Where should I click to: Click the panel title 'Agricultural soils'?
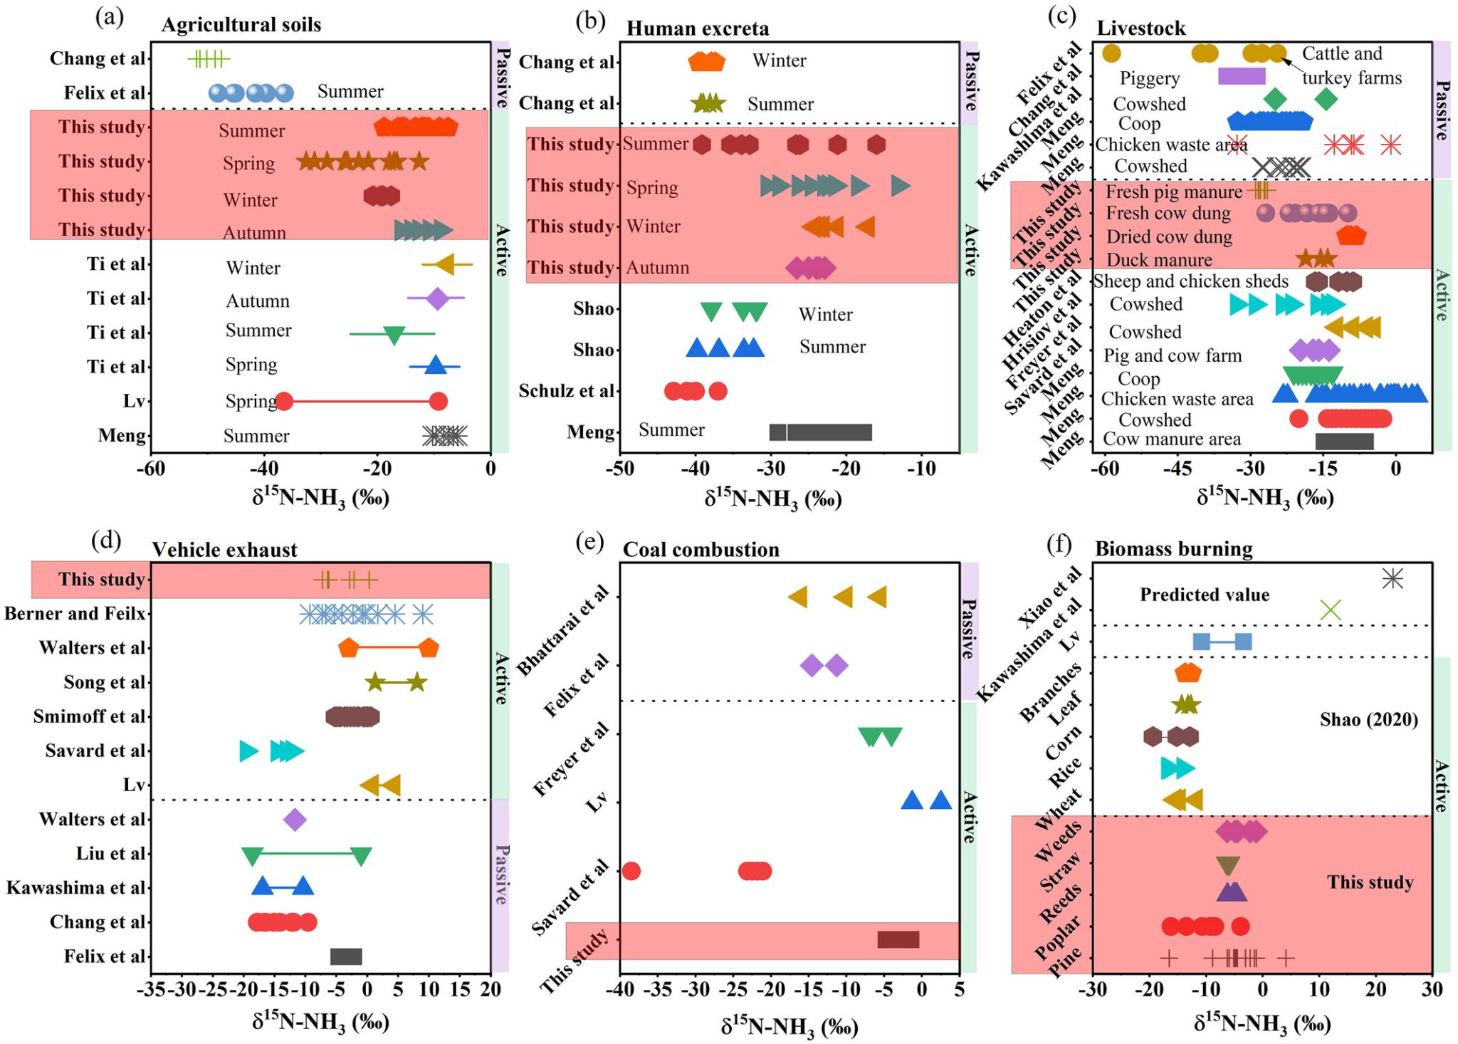(x=241, y=25)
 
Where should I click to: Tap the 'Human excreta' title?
(x=698, y=28)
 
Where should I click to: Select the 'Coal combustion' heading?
(x=701, y=550)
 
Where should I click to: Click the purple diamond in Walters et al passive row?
(x=295, y=820)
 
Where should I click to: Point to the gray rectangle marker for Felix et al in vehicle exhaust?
(x=346, y=956)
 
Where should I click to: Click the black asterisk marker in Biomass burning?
(x=1393, y=578)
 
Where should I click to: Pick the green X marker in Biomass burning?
(x=1331, y=610)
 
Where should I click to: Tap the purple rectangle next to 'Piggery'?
(x=1242, y=76)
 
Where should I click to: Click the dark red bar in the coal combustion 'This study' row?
(x=898, y=939)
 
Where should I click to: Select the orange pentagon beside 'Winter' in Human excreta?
(x=706, y=61)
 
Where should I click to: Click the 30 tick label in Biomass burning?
(x=1432, y=989)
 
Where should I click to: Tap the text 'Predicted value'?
(x=1205, y=595)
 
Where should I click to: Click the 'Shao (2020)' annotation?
(x=1368, y=719)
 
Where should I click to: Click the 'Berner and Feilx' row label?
(x=75, y=613)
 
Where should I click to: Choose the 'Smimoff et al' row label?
(x=89, y=716)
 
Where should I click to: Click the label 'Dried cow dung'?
(x=1169, y=237)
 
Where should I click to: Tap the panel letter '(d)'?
(x=107, y=541)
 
